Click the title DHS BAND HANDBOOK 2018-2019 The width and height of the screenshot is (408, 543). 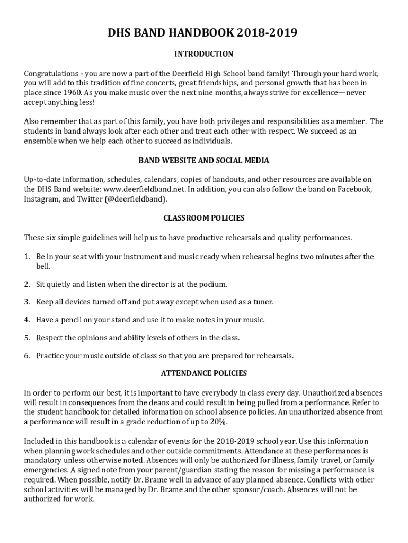click(203, 33)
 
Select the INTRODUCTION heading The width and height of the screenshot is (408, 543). click(203, 54)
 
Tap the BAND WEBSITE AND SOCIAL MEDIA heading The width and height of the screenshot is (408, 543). click(203, 160)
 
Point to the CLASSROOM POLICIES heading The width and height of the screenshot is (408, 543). click(203, 218)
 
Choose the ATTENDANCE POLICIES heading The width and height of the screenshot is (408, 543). click(203, 373)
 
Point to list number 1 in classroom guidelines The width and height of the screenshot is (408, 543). click(26, 257)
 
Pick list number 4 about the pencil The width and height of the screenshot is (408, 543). click(26, 320)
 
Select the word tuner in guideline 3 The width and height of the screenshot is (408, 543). click(262, 302)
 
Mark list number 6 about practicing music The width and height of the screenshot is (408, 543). click(26, 355)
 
